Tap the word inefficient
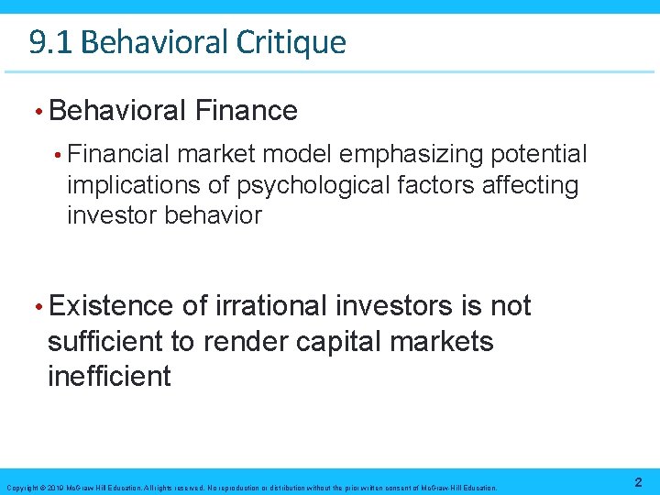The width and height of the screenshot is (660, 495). pos(108,376)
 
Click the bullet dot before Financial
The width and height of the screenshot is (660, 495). pos(57,155)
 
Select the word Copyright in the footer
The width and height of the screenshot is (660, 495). pos(20,488)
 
